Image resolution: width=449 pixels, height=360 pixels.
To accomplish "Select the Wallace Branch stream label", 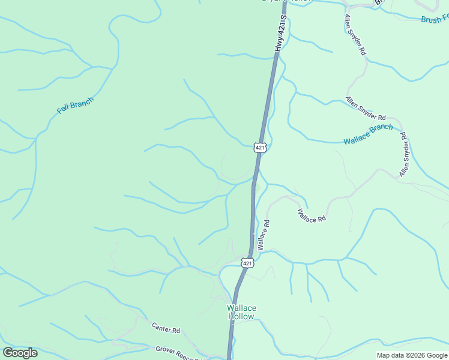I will (x=368, y=134).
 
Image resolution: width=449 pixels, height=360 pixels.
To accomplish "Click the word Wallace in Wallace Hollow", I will (x=241, y=308).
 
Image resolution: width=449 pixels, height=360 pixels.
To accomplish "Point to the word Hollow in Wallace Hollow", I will (x=241, y=316).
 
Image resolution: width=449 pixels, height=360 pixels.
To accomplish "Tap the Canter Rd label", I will (x=166, y=329).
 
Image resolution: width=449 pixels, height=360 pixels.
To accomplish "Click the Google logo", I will (x=20, y=352).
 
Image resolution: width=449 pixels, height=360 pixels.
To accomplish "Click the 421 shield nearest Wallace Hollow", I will (x=247, y=263).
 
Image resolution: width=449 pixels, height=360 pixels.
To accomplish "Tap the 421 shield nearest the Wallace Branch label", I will (x=259, y=147).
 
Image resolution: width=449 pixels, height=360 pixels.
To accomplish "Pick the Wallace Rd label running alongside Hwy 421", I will (x=263, y=235).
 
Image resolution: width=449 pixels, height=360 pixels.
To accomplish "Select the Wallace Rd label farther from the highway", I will (x=312, y=216).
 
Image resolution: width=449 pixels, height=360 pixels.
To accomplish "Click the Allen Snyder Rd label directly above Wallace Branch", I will (x=366, y=109).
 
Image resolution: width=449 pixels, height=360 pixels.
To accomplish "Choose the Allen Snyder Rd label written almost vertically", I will (x=405, y=155).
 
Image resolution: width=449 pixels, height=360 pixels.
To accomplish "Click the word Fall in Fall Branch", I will (x=63, y=110).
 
